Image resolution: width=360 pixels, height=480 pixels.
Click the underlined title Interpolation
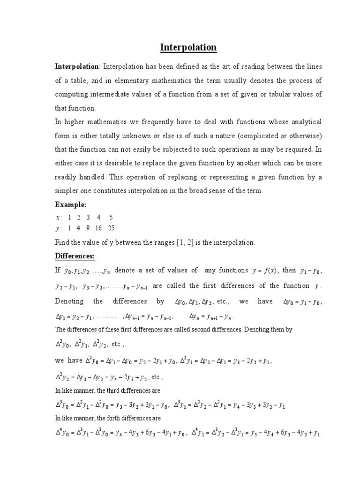click(188, 47)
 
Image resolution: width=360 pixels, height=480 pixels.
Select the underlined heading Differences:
click(75, 256)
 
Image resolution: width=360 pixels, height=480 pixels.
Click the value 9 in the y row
click(88, 228)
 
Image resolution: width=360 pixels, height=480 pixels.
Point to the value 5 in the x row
click(111, 217)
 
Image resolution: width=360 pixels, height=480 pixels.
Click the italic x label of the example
click(58, 217)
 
